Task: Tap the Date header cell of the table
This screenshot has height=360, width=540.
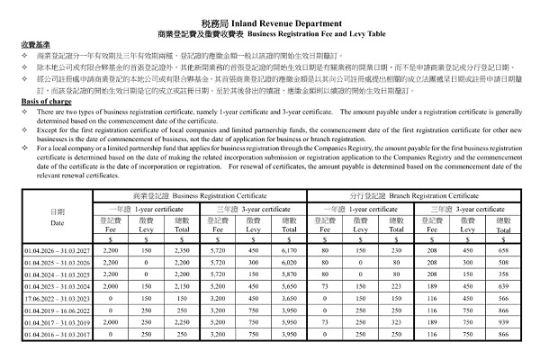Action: click(x=58, y=217)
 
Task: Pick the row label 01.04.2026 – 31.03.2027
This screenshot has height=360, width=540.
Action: click(x=58, y=250)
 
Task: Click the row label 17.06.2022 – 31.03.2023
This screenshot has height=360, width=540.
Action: click(x=58, y=297)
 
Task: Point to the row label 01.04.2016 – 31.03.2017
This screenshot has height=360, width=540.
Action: click(x=58, y=333)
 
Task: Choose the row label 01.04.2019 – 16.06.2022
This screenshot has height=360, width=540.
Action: click(x=58, y=309)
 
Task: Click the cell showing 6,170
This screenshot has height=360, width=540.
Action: click(x=289, y=250)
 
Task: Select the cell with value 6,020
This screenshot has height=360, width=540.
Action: click(x=289, y=262)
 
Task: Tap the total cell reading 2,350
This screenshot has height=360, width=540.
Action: click(x=182, y=250)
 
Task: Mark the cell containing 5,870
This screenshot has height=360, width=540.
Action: click(x=289, y=274)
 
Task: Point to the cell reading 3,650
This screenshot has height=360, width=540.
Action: click(x=289, y=297)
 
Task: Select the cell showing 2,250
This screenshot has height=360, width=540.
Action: click(x=182, y=321)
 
